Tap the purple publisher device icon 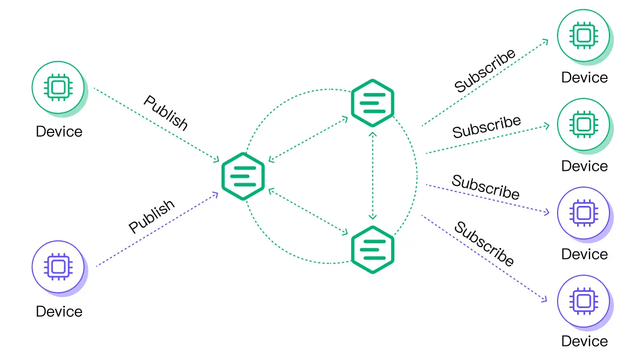[x=58, y=266]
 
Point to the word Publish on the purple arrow [x=152, y=216]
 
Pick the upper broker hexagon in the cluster [x=372, y=103]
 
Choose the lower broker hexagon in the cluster [x=372, y=249]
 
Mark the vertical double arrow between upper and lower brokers [x=372, y=176]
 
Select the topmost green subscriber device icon [x=584, y=35]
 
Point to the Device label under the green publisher [x=59, y=131]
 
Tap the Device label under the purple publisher [x=59, y=311]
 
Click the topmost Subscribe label [x=485, y=71]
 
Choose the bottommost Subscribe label [x=484, y=244]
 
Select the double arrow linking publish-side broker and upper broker [x=309, y=139]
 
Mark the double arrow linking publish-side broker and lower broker [x=309, y=212]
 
